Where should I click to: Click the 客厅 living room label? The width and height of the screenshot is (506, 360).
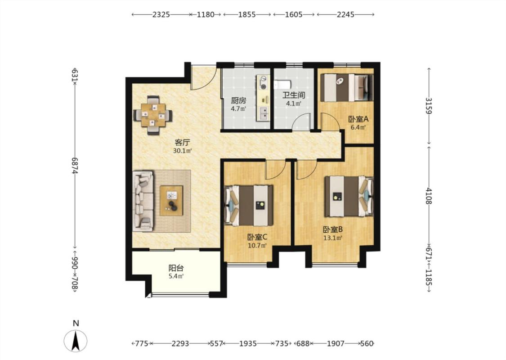[x=182, y=142]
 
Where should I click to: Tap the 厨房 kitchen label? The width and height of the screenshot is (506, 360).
[x=238, y=101]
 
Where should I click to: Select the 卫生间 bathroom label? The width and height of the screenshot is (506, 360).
[x=294, y=95]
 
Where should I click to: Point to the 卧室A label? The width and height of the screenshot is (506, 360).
[x=358, y=119]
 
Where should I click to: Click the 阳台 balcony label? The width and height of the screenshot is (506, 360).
[x=176, y=268]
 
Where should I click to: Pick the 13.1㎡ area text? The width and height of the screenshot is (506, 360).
[x=333, y=238]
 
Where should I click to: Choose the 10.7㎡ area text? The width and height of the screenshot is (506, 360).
[x=257, y=246]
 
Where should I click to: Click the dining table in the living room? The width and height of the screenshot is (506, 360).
[x=153, y=115]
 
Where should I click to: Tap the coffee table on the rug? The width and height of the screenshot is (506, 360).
[x=171, y=201]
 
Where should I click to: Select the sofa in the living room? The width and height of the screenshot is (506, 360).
[x=143, y=201]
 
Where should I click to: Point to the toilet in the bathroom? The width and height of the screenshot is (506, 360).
[x=282, y=85]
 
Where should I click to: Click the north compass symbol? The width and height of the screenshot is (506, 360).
[x=76, y=341]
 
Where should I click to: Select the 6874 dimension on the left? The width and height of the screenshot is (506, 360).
[x=75, y=166]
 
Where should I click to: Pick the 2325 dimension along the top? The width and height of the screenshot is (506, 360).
[x=161, y=14]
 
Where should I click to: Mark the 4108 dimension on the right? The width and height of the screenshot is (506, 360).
[x=429, y=196]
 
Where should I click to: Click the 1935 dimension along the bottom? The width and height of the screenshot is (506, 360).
[x=248, y=343]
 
